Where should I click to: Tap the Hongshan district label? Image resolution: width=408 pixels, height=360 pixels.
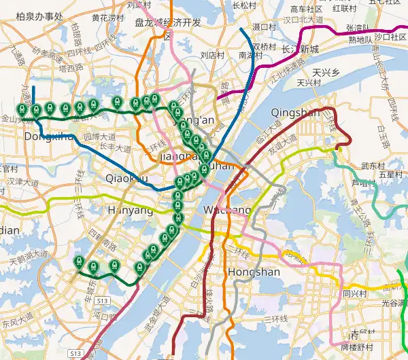254,272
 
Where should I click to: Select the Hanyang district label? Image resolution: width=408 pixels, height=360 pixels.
130,211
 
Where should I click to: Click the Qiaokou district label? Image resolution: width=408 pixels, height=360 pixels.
126,178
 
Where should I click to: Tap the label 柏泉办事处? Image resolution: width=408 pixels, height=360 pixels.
39,16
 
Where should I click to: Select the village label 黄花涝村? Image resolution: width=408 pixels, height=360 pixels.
108,17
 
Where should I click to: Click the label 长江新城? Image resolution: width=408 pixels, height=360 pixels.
300,49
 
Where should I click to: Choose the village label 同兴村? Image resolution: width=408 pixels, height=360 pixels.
355,294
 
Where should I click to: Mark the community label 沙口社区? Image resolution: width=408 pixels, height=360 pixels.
390,37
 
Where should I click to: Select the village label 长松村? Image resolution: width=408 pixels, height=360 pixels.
243,5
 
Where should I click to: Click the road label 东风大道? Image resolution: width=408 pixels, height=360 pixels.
17,317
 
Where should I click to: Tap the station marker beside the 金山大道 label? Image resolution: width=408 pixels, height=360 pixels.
22,109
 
